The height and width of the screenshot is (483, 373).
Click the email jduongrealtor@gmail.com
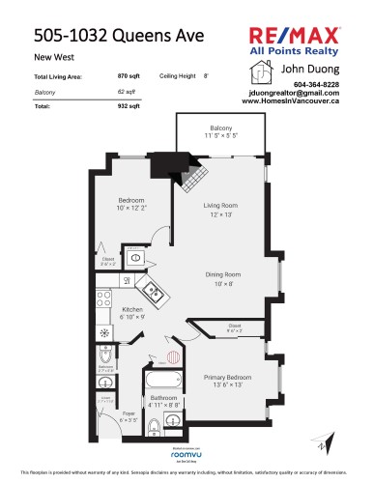[x=303, y=93]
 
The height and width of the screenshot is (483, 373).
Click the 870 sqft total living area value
[x=128, y=75]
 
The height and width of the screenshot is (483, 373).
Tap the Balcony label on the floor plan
[x=220, y=128]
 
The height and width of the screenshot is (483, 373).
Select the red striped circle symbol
[x=173, y=355]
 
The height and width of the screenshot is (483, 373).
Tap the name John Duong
[x=302, y=70]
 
